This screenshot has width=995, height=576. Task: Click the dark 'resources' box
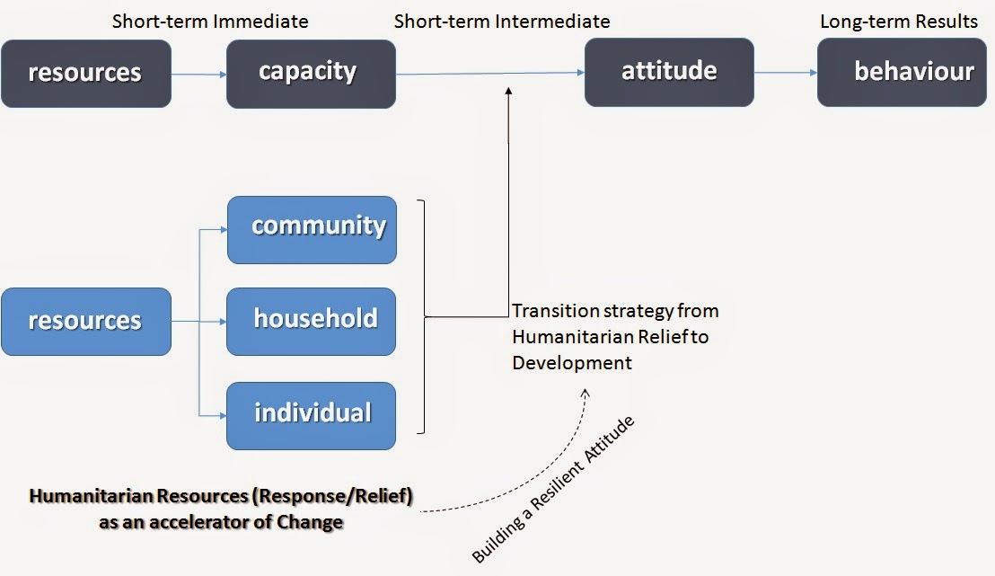(x=85, y=73)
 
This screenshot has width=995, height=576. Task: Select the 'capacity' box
(x=311, y=73)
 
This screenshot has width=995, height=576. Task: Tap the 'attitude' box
(x=669, y=73)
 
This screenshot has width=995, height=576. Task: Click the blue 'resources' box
(x=85, y=321)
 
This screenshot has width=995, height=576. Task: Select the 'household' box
(x=311, y=321)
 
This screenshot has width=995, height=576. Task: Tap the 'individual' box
(x=311, y=415)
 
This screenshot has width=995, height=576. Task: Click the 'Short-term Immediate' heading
(x=210, y=21)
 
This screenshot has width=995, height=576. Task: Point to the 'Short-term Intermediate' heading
(x=502, y=21)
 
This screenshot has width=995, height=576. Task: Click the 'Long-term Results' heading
(x=899, y=21)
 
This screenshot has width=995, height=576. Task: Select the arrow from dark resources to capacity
(x=198, y=75)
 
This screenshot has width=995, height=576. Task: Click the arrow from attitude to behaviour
(x=785, y=74)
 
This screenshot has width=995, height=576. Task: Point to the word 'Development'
(x=572, y=363)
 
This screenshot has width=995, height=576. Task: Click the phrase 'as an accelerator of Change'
(x=221, y=521)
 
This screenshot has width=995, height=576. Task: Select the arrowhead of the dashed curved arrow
(x=588, y=392)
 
